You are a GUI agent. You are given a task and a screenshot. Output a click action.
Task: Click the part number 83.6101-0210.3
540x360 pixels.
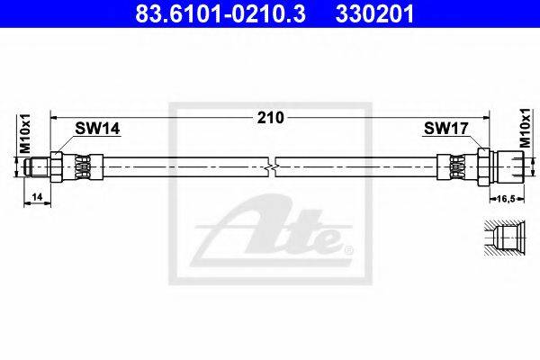click(x=220, y=14)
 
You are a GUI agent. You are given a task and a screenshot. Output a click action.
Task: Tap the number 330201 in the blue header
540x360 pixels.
click(x=375, y=14)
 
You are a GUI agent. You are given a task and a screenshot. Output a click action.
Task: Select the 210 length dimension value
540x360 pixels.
click(x=271, y=118)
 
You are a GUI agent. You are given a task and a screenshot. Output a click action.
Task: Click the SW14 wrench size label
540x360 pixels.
click(x=97, y=129)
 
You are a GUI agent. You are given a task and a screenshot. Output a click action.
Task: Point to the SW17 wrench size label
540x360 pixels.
click(x=446, y=129)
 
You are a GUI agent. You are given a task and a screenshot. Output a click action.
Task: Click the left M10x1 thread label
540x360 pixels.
click(x=25, y=133)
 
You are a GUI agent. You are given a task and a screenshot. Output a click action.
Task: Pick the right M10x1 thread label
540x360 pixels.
click(x=526, y=128)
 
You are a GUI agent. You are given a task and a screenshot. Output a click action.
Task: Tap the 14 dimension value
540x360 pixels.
click(x=37, y=197)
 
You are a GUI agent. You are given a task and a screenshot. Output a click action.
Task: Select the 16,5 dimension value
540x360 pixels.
click(x=507, y=198)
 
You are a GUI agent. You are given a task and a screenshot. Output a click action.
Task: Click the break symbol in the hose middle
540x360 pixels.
click(x=272, y=167)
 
